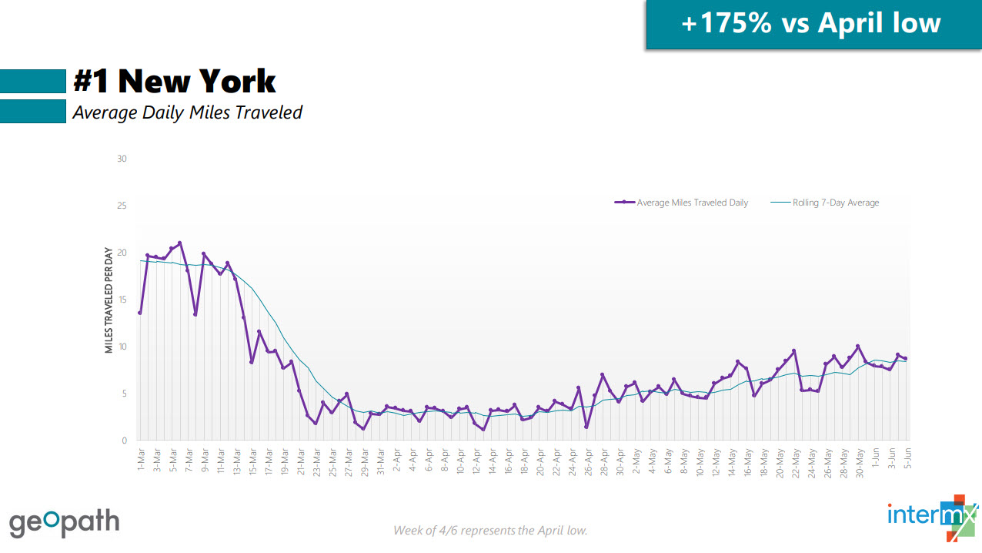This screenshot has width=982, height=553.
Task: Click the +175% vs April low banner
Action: (x=811, y=23)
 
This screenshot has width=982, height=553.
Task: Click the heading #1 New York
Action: (x=175, y=81)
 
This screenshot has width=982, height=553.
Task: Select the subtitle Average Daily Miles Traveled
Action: (x=187, y=112)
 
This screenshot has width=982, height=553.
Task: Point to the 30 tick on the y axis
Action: (x=122, y=159)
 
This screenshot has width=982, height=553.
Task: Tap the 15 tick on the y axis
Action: (x=122, y=300)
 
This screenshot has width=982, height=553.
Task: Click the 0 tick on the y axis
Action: (x=124, y=441)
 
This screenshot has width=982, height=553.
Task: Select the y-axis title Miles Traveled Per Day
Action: (x=109, y=300)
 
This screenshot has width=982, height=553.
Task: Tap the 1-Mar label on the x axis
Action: (x=141, y=457)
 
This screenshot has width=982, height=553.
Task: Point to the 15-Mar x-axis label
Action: (x=252, y=459)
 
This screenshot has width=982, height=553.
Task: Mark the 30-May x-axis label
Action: (x=858, y=459)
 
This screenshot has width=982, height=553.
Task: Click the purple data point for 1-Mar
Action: (x=139, y=313)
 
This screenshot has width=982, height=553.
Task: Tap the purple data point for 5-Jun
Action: (x=906, y=358)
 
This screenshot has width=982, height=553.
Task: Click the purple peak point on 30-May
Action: (x=858, y=347)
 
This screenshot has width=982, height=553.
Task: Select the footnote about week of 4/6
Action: (x=490, y=530)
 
